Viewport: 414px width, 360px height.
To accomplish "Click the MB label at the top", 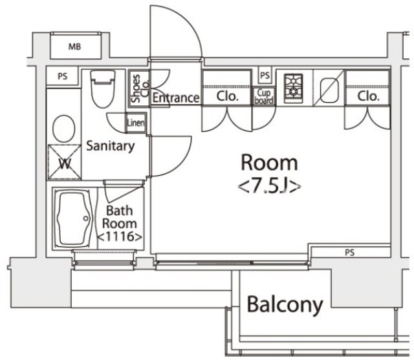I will [75, 46].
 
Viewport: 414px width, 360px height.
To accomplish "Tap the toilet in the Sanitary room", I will [102, 89].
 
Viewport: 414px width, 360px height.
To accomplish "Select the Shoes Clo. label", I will [136, 90].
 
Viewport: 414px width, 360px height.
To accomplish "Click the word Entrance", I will [176, 98].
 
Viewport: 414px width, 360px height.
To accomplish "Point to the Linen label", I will [136, 122].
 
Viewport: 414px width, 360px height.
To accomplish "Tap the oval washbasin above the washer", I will [63, 129].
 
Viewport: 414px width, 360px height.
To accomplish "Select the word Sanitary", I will [111, 146].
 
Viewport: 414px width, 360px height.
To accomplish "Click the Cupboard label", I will [265, 97].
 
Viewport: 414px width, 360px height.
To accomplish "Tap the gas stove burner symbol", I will [294, 87].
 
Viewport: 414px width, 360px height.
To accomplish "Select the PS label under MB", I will [63, 76].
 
